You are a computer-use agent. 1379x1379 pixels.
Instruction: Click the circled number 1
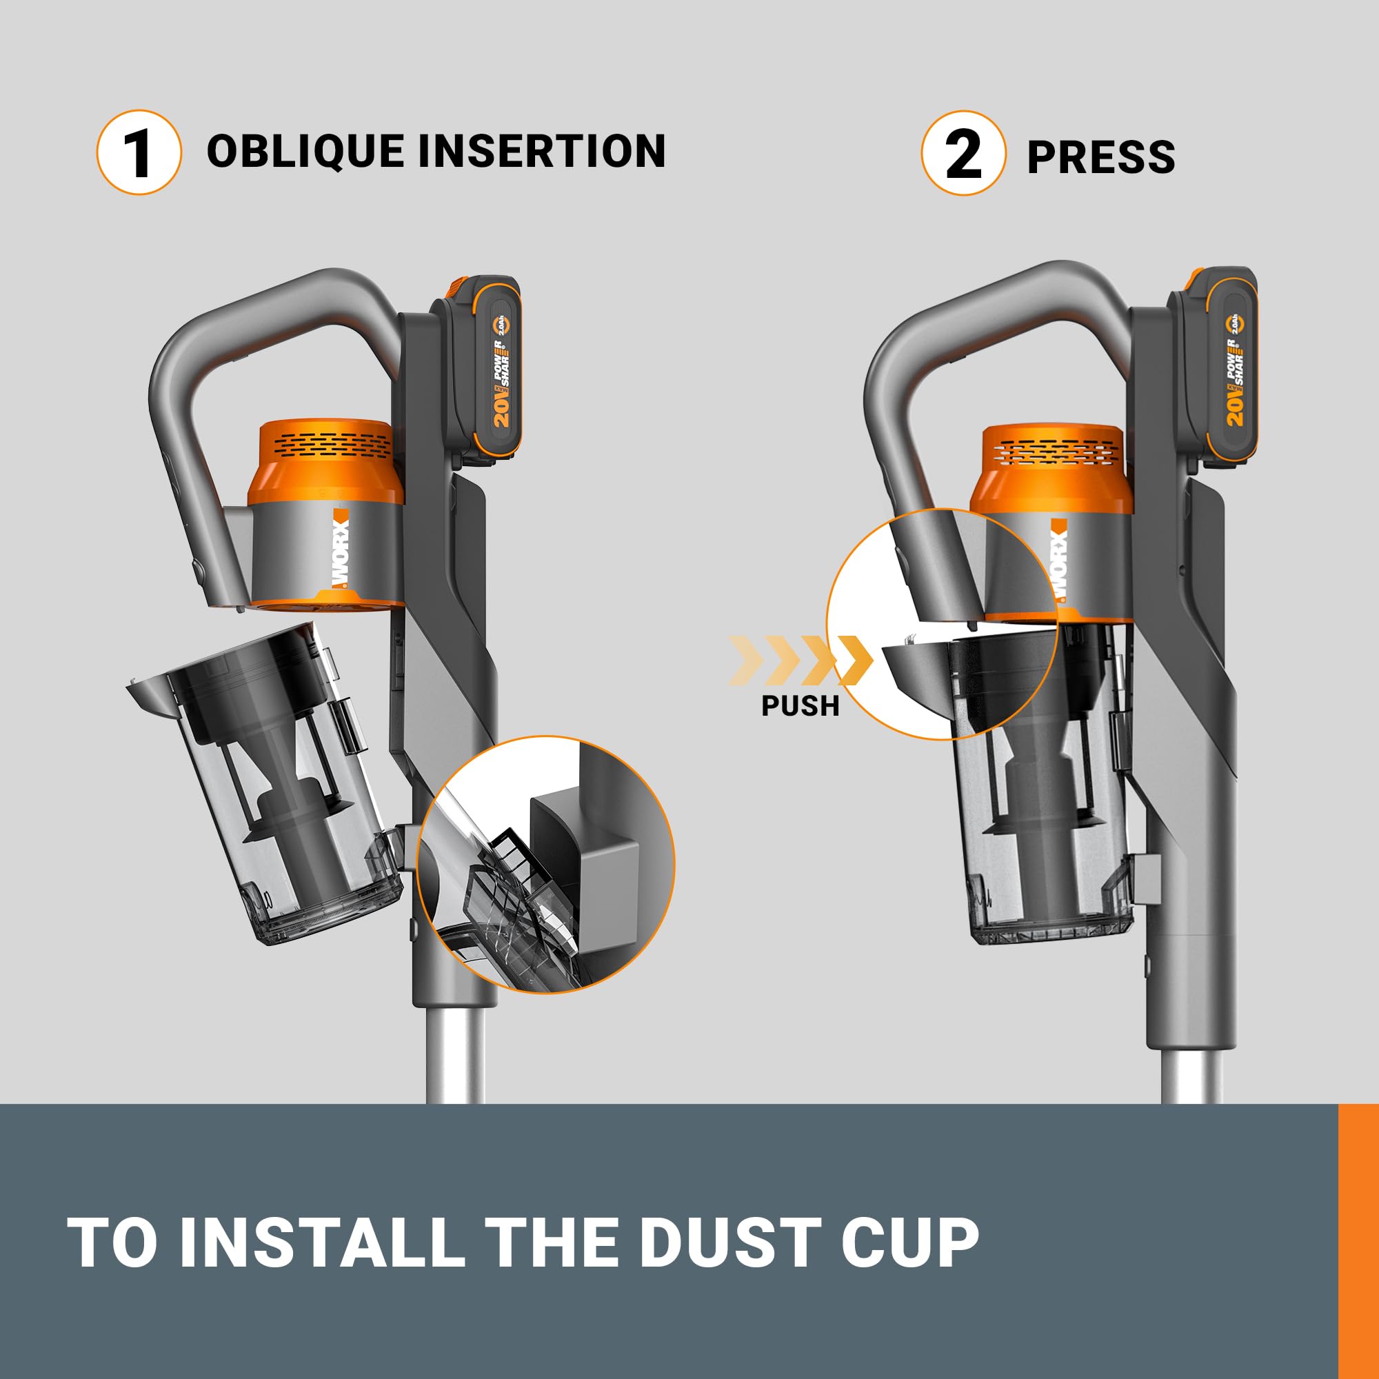pos(139,152)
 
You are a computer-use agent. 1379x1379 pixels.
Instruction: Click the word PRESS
pos(1100,157)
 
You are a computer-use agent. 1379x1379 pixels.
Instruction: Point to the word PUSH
pos(800,705)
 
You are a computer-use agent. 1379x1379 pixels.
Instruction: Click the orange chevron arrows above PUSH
pos(799,660)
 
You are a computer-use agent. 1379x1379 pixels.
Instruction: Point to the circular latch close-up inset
pos(942,625)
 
